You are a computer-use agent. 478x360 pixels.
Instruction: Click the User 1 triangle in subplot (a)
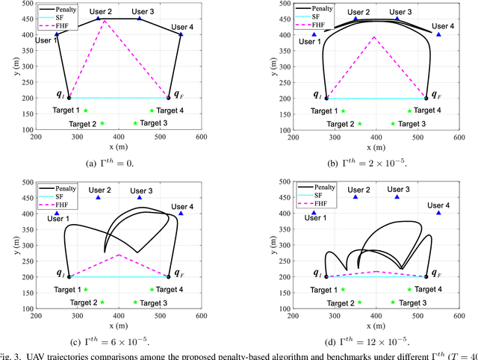tap(57, 34)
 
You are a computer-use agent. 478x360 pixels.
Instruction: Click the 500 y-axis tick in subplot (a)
tap(25, 2)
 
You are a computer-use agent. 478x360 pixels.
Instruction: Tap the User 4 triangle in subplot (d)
tap(438, 213)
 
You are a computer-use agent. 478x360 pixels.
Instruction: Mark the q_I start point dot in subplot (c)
tap(69, 276)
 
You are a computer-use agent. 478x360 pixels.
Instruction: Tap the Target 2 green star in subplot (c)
tap(102, 302)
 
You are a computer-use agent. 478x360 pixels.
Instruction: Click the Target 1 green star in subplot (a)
tap(85, 111)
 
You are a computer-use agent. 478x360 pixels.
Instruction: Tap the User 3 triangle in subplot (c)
tap(139, 197)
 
